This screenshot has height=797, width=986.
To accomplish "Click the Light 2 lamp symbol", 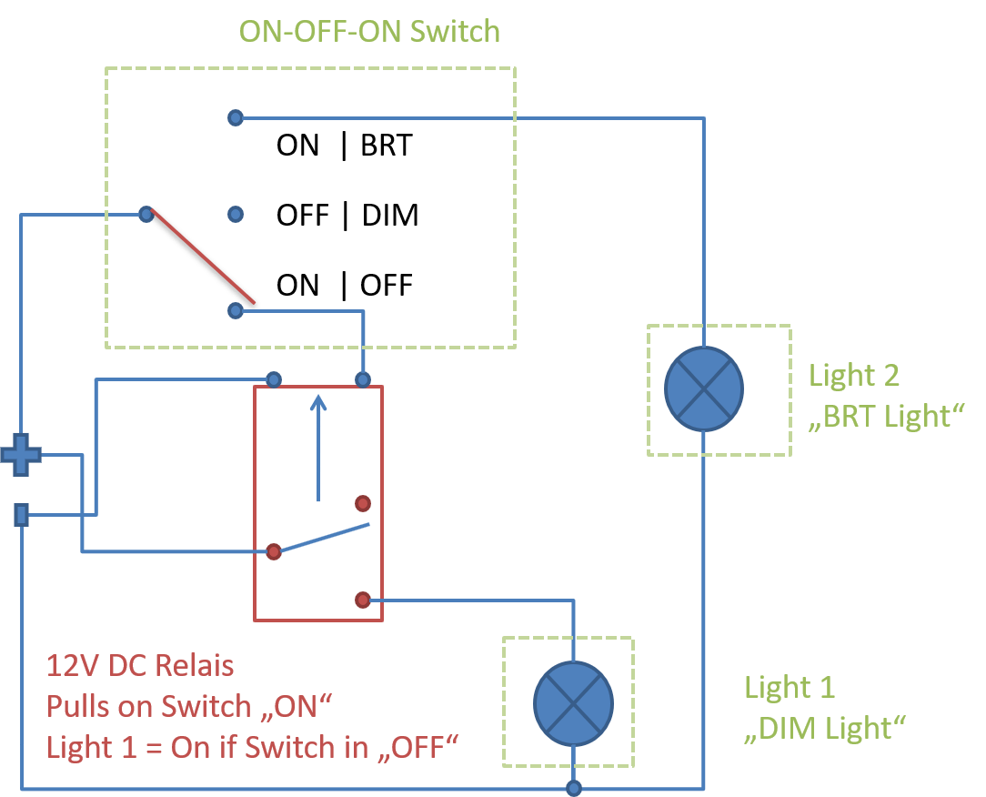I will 704,388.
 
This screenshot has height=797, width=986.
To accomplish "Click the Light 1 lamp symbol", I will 573,702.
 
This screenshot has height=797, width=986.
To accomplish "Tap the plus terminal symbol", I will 20,454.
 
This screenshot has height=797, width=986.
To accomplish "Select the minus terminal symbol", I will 21,516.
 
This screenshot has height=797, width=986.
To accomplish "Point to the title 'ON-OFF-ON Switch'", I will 369,32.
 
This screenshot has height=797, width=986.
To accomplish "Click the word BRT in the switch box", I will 386,146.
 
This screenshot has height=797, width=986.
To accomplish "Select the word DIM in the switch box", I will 390,216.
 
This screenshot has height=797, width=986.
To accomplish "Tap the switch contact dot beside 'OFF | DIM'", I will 236,215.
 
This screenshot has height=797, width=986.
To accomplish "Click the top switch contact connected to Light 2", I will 236,117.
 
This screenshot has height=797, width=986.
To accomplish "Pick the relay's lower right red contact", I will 362,600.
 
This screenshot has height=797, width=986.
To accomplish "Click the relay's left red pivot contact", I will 273,551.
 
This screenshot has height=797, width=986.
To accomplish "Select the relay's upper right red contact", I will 363,503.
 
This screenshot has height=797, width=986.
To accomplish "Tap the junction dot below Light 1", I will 574,788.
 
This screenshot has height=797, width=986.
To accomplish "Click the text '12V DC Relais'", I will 140,666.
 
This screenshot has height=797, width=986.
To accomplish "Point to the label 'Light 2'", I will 853,375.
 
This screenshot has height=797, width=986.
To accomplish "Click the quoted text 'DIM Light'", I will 826,728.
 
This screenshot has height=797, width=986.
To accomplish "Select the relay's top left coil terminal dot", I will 274,378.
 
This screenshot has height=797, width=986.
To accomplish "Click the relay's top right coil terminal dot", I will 363,378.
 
